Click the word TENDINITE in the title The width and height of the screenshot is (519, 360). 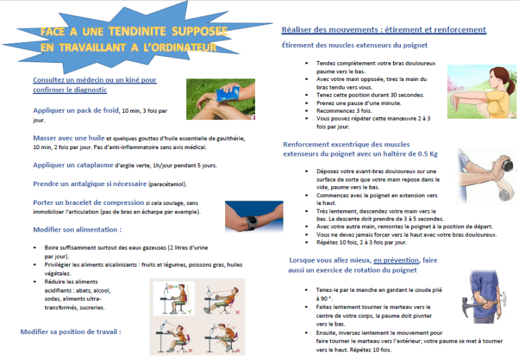[137, 31]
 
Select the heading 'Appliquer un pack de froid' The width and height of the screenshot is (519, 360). [76, 110]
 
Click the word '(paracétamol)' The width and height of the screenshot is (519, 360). [167, 184]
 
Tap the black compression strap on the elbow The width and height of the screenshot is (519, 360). [250, 221]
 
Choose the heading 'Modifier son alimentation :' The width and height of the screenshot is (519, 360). [77, 230]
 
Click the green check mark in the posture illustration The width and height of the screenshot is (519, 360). [189, 311]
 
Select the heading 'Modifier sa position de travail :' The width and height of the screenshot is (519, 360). [71, 332]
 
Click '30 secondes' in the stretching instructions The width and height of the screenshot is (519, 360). [407, 95]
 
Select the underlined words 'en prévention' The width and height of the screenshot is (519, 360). [396, 260]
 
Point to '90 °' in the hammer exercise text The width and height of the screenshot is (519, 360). [321, 299]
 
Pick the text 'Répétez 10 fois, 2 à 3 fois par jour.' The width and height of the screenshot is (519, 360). [361, 243]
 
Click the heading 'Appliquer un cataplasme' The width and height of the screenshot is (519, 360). [73, 165]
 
